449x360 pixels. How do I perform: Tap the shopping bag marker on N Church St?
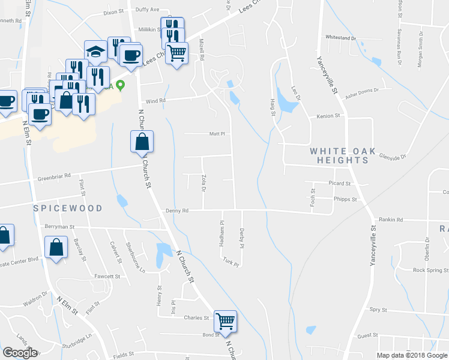coord(142,142)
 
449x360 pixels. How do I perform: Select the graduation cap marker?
coord(95,51)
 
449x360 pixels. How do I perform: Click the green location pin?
coord(120,85)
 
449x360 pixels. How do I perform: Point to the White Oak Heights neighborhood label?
coord(340,156)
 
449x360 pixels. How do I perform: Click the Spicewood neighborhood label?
coord(68,208)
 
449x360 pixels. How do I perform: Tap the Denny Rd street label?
coord(178,211)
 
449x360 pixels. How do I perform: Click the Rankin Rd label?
coord(391,220)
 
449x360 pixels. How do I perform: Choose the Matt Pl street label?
coord(216,134)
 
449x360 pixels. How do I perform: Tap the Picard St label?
coord(340,183)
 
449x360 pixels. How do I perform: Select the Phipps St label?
coord(345,199)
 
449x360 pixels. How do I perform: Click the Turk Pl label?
coord(231,262)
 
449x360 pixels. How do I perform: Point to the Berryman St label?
coord(59,227)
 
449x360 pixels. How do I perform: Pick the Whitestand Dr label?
coord(341,37)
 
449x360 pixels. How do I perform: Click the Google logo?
coord(20,353)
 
